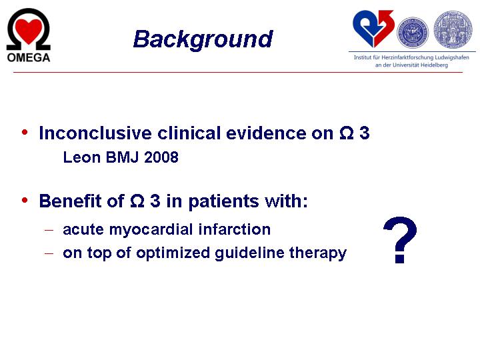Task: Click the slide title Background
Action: (203, 39)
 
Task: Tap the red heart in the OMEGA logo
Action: (29, 31)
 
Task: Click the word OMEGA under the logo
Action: (29, 57)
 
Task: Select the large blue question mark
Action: (400, 240)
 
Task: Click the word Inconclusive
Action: (95, 133)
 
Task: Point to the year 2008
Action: (161, 157)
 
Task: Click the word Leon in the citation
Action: (82, 157)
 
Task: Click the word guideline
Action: (249, 253)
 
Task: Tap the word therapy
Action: (318, 253)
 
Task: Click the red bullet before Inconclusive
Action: (25, 133)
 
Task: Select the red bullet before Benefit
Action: (25, 201)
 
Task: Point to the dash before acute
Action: (49, 230)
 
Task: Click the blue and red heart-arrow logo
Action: (373, 29)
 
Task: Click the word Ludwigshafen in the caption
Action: (452, 57)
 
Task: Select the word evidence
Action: (266, 133)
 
